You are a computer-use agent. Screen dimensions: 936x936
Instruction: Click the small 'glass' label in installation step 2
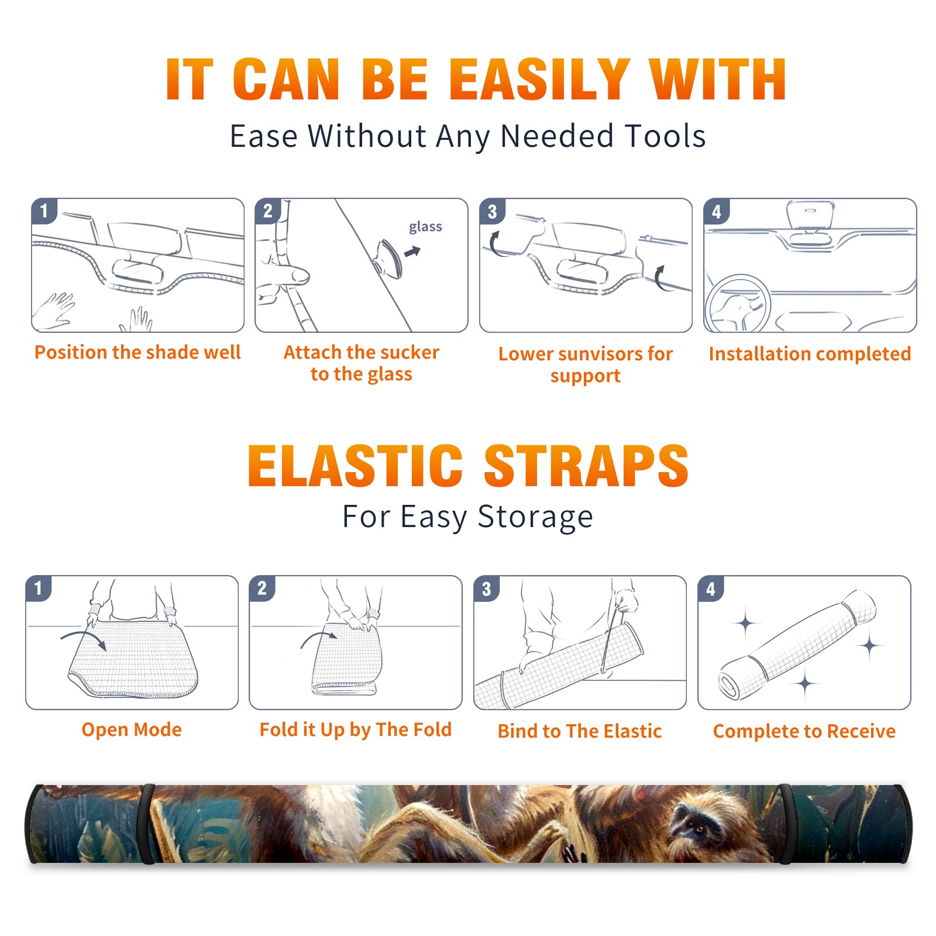click(x=425, y=227)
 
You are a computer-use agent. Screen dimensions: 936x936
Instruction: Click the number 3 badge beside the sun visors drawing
click(x=492, y=211)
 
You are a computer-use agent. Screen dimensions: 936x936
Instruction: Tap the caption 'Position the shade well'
click(x=137, y=352)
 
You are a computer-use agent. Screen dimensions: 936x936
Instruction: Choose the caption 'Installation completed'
click(x=810, y=353)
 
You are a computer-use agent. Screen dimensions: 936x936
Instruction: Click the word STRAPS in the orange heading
click(x=586, y=466)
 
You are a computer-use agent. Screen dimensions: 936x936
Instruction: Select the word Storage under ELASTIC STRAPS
click(x=535, y=517)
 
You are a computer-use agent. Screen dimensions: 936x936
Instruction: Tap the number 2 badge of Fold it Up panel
click(x=262, y=588)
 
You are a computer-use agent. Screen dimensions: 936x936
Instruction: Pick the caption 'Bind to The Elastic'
click(x=579, y=731)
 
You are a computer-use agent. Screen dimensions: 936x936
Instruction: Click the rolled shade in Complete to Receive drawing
click(x=797, y=645)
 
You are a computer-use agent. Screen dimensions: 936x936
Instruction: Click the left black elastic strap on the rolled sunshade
click(x=146, y=824)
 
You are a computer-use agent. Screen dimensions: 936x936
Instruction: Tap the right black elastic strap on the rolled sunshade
click(x=785, y=824)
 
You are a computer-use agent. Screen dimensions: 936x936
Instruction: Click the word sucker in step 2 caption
click(x=409, y=352)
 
